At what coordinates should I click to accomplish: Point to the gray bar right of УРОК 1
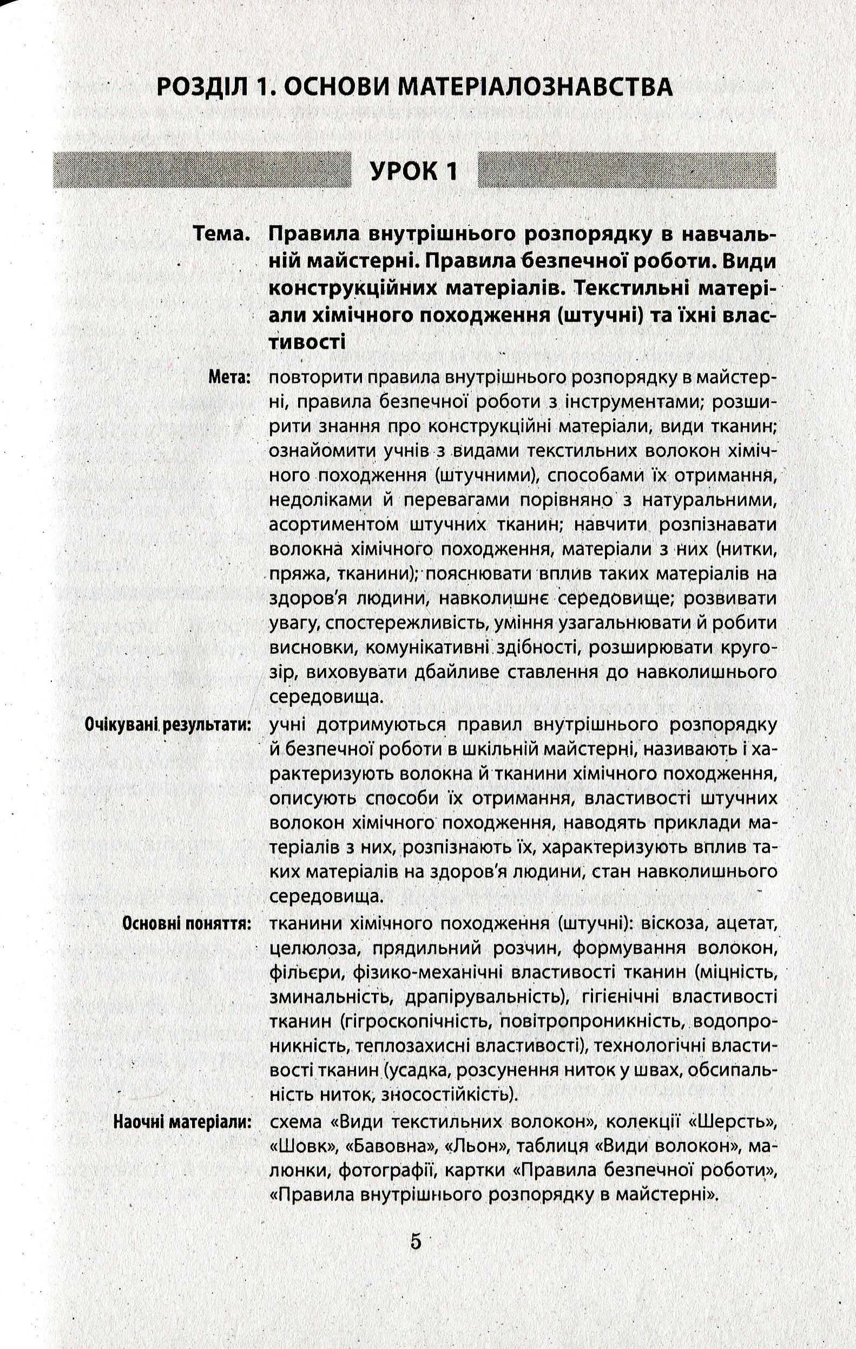click(627, 170)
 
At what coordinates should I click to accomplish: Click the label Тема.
click(221, 233)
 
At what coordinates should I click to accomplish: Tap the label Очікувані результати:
click(166, 727)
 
